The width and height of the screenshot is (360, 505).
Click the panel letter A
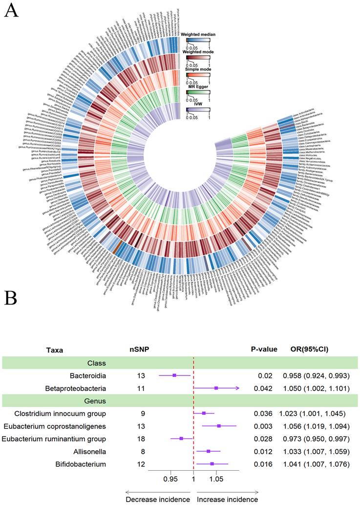pyautogui.click(x=12, y=11)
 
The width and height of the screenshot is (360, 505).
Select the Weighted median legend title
pyautogui.click(x=198, y=35)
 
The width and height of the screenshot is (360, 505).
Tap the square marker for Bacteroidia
pyautogui.click(x=174, y=375)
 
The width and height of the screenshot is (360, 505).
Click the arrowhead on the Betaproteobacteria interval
pyautogui.click(x=238, y=388)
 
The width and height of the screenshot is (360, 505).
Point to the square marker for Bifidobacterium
pyautogui.click(x=212, y=463)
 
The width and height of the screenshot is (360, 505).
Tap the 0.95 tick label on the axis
pyautogui.click(x=170, y=481)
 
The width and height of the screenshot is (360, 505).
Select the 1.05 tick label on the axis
pyautogui.click(x=216, y=481)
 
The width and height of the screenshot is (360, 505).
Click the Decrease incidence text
pyautogui.click(x=158, y=499)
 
